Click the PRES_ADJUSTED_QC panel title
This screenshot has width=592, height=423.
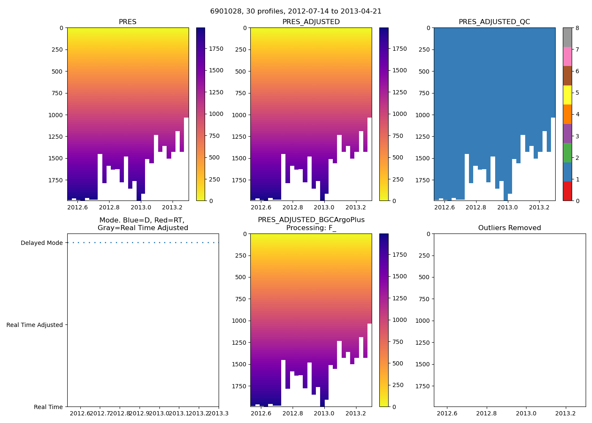494,22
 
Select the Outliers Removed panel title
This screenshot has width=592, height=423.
510,228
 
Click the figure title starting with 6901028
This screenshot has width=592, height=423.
296,11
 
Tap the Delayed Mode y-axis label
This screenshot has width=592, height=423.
41,243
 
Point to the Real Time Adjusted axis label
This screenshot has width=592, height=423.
35,325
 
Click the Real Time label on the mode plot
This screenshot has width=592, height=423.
48,407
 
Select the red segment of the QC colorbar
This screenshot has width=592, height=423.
567,191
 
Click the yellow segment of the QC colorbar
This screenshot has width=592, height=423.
567,95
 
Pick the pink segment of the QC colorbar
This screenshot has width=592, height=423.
567,56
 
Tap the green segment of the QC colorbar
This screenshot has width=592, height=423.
567,153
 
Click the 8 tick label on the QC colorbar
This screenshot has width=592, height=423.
577,28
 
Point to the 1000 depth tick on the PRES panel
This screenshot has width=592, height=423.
56,115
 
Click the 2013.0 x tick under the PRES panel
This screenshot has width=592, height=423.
141,207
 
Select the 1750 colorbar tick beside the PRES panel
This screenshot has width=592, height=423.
216,49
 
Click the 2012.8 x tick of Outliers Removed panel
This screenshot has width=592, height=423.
487,413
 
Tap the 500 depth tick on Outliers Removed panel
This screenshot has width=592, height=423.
425,277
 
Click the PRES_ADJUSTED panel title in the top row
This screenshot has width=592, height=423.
311,22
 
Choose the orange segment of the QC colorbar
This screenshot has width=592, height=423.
567,114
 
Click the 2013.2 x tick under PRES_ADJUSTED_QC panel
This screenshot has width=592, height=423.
539,207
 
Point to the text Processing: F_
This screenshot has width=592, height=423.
311,228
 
